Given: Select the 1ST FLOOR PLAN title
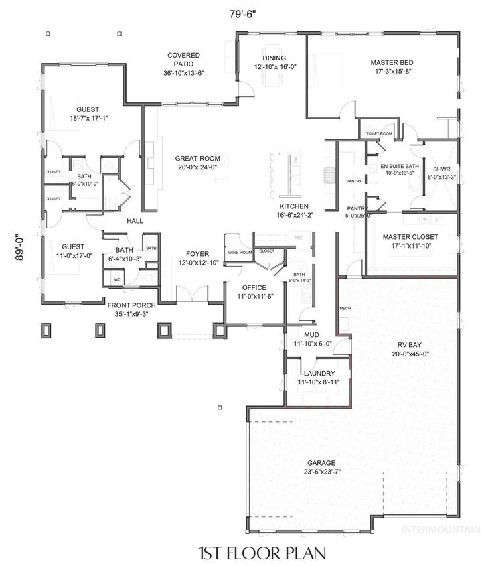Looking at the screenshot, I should [262, 553].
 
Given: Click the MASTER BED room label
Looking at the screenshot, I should [392, 63].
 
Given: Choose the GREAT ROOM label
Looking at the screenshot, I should [197, 159].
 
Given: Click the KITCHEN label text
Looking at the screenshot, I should [294, 206].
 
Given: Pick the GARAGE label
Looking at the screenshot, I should [321, 462].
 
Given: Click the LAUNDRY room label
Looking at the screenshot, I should [318, 374].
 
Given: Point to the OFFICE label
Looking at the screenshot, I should [254, 287].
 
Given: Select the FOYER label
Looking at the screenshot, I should [197, 254].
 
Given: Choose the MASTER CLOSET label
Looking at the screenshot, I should [410, 237].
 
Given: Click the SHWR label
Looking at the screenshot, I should [441, 169].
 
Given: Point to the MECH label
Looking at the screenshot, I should [345, 308].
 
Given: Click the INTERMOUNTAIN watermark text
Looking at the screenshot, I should [440, 528].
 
